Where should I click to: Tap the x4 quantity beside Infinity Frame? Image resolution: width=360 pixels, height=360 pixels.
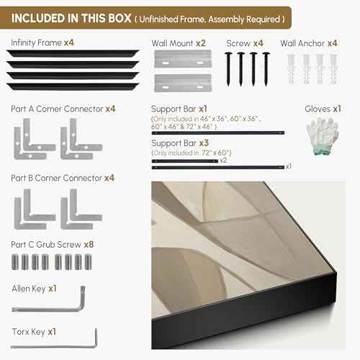pyautogui.click(x=69, y=42)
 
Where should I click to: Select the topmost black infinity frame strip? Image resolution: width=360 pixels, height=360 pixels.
pyautogui.click(x=73, y=53)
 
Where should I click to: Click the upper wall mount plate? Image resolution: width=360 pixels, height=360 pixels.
pyautogui.click(x=183, y=59)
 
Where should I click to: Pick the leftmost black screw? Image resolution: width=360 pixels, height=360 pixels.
pyautogui.click(x=228, y=69)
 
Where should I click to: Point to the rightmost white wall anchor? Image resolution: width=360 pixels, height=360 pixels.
pyautogui.click(x=333, y=69)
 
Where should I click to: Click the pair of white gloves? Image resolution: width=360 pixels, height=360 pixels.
pyautogui.click(x=323, y=136)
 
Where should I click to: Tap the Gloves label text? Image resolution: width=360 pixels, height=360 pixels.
pyautogui.click(x=318, y=109)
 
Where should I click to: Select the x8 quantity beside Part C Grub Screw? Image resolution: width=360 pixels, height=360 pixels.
pyautogui.click(x=89, y=245)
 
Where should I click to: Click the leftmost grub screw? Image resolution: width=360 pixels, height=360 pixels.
pyautogui.click(x=15, y=262)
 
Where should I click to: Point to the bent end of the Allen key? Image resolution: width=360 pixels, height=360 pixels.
pyautogui.click(x=82, y=297)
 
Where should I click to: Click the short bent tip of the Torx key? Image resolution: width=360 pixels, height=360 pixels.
pyautogui.click(x=96, y=338)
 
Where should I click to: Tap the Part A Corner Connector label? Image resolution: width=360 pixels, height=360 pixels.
pyautogui.click(x=57, y=109)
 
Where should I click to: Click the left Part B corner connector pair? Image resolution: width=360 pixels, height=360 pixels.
pyautogui.click(x=35, y=210)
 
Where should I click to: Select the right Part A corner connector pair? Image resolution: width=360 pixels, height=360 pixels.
pyautogui.click(x=81, y=139)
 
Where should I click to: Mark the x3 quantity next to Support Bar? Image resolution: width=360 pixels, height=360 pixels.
pyautogui.click(x=204, y=143)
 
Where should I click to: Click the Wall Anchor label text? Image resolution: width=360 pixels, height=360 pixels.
pyautogui.click(x=302, y=43)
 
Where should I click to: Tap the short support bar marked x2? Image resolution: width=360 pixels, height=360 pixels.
pyautogui.click(x=185, y=161)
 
